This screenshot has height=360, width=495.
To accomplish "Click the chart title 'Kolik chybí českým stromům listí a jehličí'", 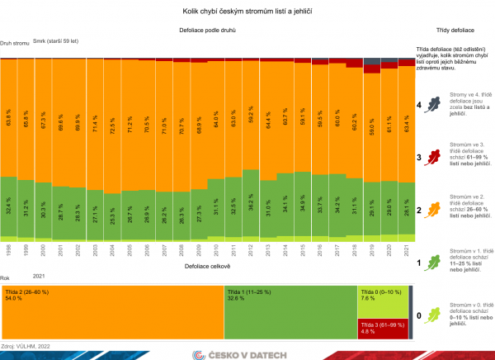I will pos(247,12).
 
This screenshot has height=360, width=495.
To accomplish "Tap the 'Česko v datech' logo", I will pos(247,354).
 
